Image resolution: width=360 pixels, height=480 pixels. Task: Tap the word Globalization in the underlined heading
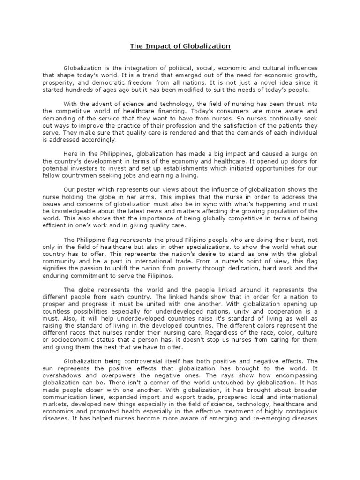coord(207,46)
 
